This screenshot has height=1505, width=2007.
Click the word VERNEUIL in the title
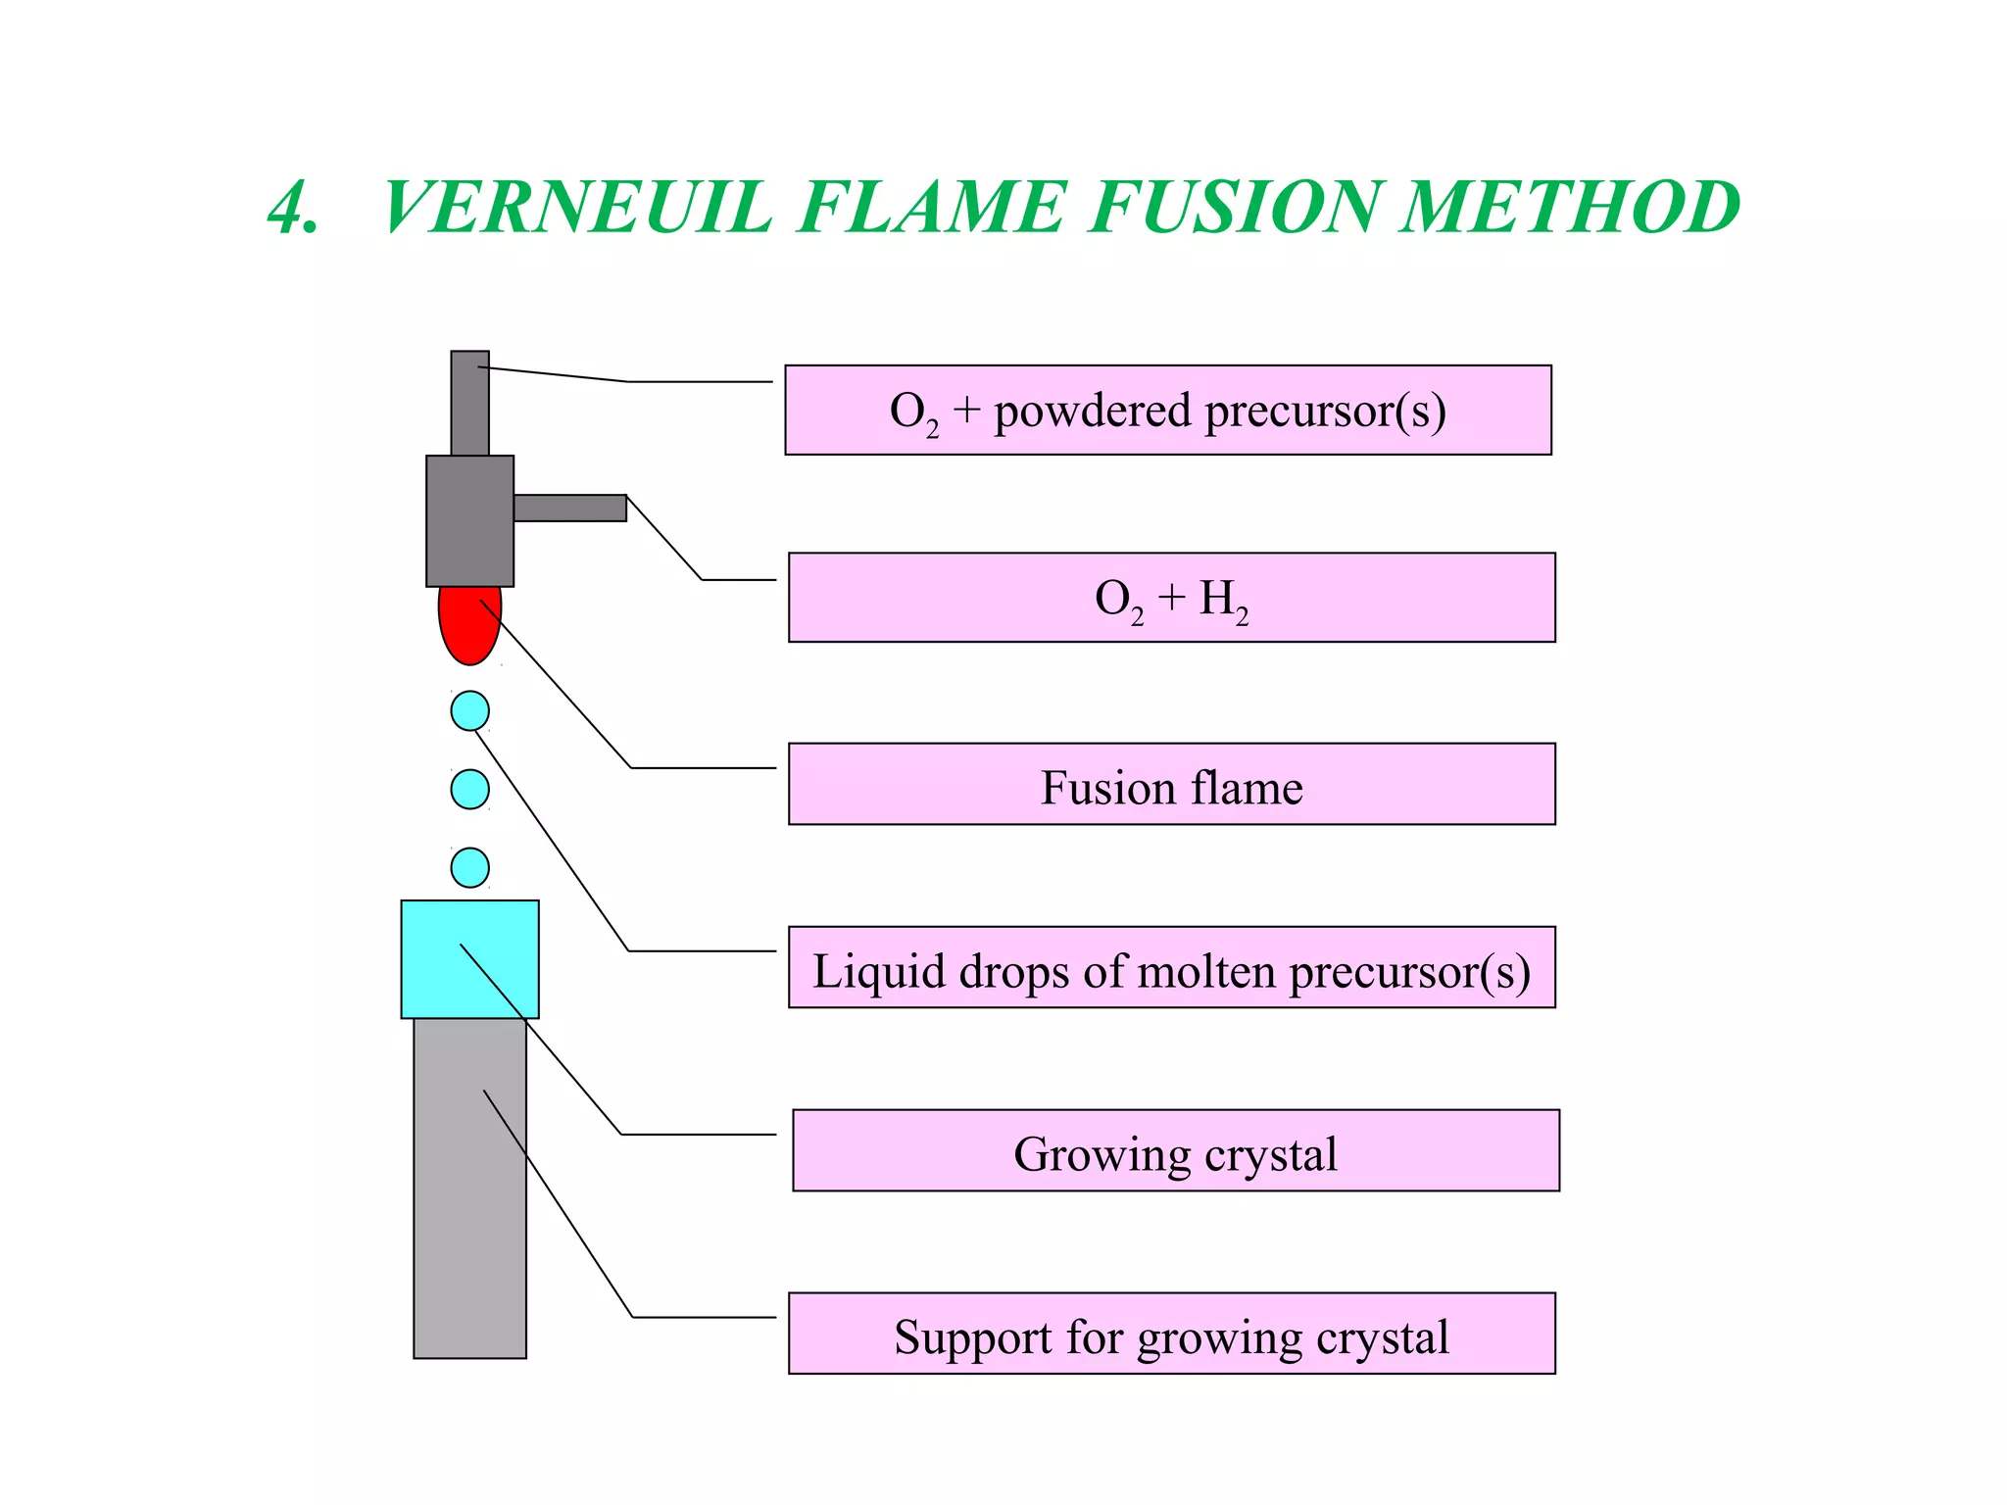click(x=578, y=208)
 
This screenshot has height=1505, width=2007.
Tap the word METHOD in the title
click(x=1570, y=208)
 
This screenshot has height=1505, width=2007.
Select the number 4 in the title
click(x=291, y=208)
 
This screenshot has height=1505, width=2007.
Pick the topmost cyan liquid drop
click(x=470, y=710)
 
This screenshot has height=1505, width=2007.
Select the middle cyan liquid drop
click(x=470, y=789)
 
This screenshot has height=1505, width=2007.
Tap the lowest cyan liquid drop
click(x=470, y=867)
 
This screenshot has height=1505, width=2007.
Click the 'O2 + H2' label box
click(x=1171, y=598)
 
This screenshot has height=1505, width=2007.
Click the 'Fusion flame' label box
click(x=1171, y=784)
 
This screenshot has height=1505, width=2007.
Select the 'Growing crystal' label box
click(x=1175, y=1151)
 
